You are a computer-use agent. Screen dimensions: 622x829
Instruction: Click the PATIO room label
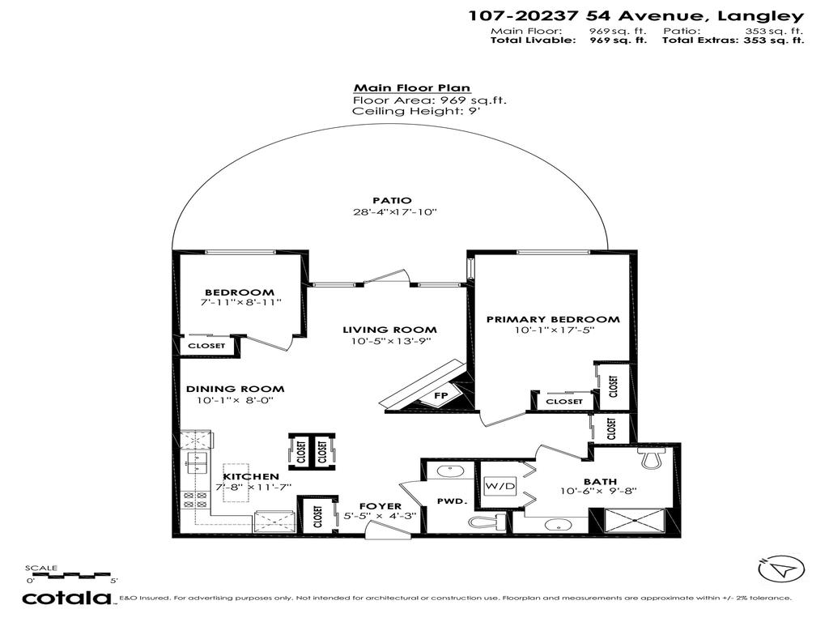pos(392,200)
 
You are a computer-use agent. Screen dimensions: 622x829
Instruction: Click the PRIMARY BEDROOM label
pos(553,319)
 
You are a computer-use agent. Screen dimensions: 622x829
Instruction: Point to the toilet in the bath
pos(650,458)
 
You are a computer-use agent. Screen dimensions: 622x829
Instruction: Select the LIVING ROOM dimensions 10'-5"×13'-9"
pos(389,342)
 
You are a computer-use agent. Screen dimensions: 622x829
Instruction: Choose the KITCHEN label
pos(251,476)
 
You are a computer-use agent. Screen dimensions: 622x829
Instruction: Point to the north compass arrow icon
pos(780,569)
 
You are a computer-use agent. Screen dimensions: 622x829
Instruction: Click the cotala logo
pos(66,599)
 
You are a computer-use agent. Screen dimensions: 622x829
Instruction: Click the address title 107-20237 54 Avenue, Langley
pos(636,15)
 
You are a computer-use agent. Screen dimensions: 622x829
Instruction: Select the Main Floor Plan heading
pos(411,88)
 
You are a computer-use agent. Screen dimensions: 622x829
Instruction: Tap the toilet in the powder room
pos(487,523)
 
